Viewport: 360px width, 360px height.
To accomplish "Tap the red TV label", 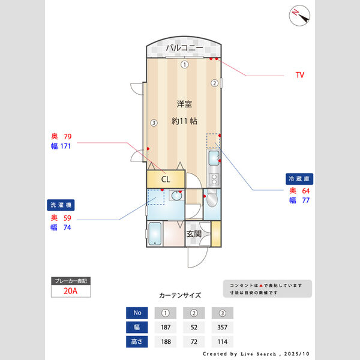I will (300, 76).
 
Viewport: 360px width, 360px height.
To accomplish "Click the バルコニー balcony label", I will (184, 48).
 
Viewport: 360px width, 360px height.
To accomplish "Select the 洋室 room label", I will (184, 103).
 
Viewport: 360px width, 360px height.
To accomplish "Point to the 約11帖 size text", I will (184, 121).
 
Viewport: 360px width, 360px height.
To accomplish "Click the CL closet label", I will (165, 179).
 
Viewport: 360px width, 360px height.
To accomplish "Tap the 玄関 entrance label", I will (193, 234).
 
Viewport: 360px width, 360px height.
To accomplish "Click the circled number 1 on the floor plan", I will (185, 64).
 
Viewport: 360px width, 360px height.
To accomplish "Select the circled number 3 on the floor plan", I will (154, 123).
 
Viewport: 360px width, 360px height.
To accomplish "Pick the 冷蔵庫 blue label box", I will (300, 179).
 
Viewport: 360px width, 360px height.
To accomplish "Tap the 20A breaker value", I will (71, 292).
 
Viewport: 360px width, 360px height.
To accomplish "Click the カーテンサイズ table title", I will (180, 296).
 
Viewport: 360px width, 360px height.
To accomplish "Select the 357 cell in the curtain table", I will (222, 328).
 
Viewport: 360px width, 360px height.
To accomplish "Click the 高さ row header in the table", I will (137, 342).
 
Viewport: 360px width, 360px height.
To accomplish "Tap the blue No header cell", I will (137, 313).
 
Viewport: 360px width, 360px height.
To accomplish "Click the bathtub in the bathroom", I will (155, 233).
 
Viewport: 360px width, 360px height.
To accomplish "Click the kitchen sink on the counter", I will (214, 159).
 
